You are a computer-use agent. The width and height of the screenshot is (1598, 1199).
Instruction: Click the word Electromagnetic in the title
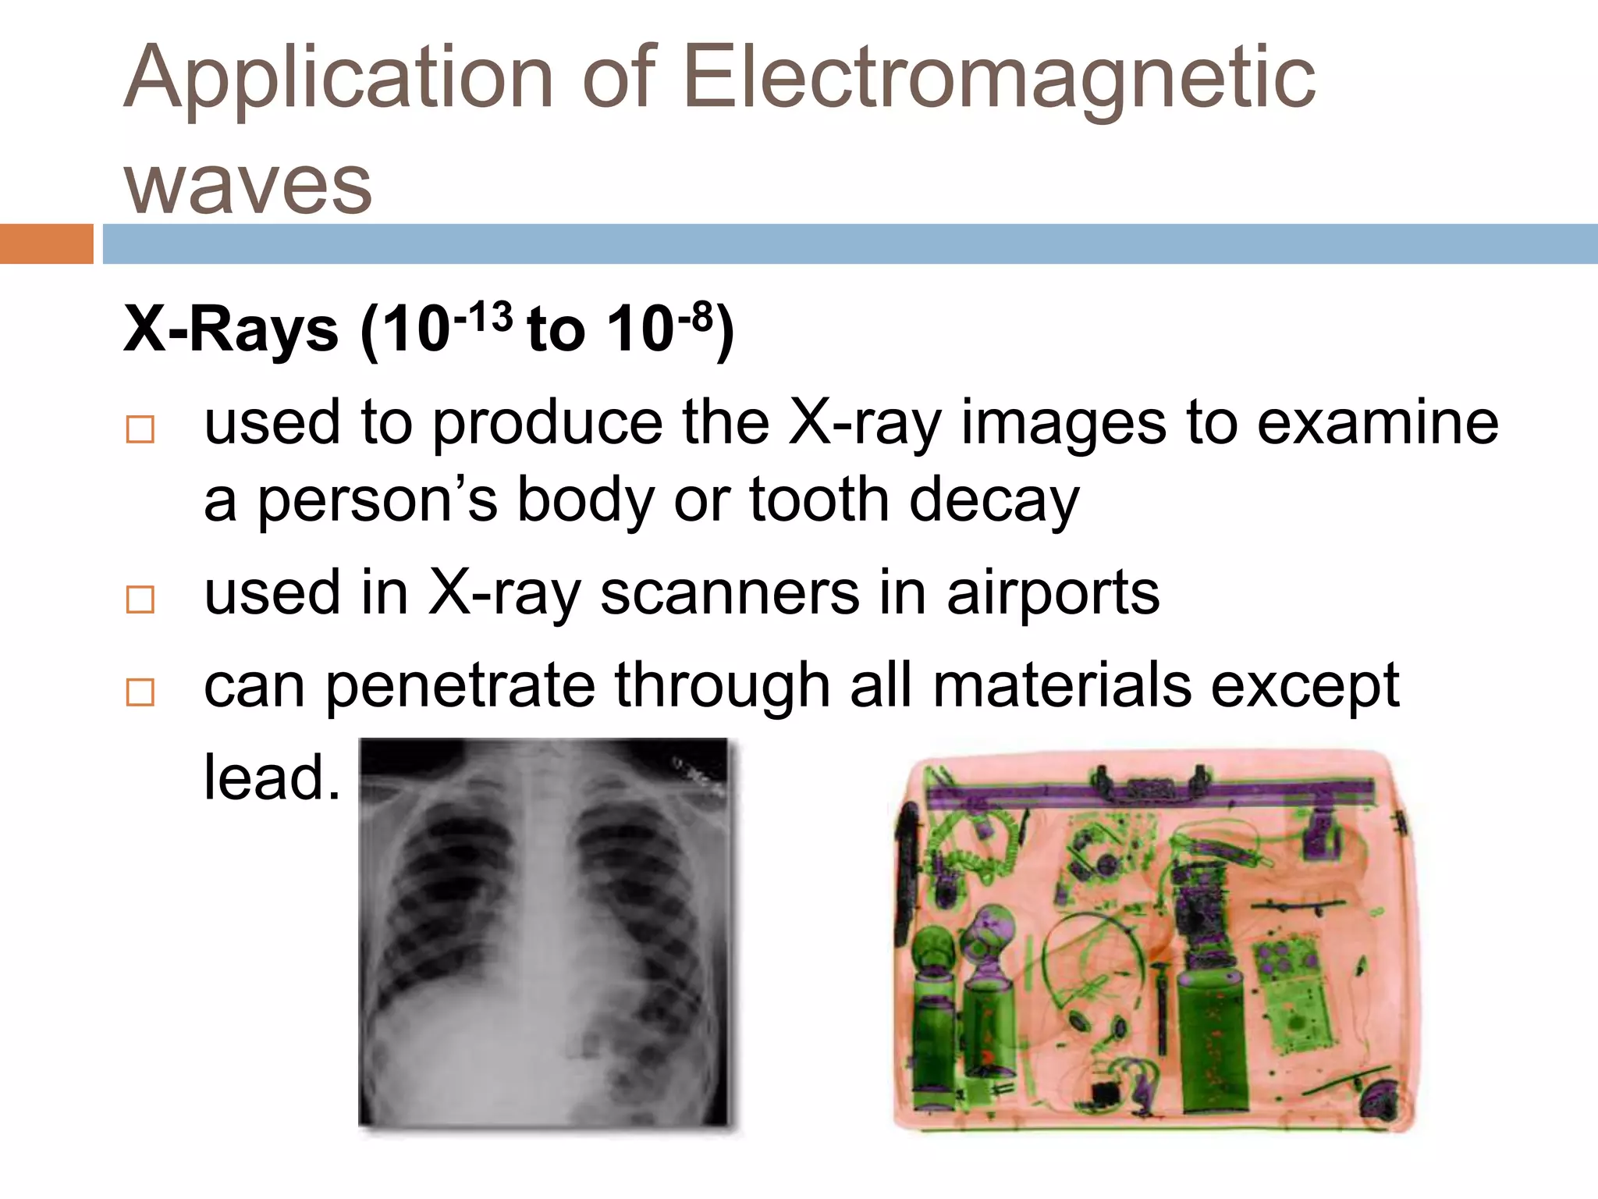[999, 78]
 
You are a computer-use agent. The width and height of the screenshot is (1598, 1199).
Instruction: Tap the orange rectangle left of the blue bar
[46, 244]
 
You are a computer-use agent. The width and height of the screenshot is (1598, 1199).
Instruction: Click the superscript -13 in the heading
[483, 317]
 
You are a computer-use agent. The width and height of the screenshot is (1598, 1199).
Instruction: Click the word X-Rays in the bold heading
[231, 329]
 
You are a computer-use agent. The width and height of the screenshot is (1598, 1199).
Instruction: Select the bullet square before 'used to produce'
[140, 429]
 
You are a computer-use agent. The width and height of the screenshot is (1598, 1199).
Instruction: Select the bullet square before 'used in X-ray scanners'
[140, 599]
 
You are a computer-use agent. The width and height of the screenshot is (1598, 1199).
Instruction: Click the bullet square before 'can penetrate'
[140, 692]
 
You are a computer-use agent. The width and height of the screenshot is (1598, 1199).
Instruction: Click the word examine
[1377, 423]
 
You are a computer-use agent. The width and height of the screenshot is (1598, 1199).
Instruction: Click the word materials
[1062, 685]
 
